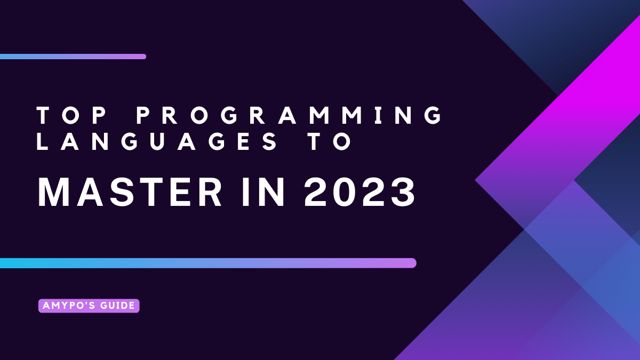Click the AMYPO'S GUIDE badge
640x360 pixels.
coord(89,306)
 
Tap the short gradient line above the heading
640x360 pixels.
coord(73,57)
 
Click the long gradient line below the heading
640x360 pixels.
coord(208,263)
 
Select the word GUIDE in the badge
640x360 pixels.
coord(119,306)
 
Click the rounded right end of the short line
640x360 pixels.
coord(143,57)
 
